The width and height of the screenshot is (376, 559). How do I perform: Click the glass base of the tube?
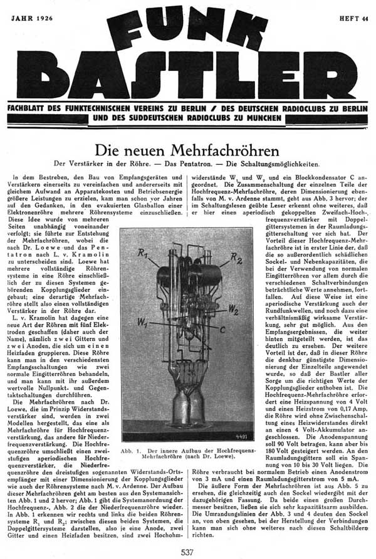pyautogui.click(x=189, y=407)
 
